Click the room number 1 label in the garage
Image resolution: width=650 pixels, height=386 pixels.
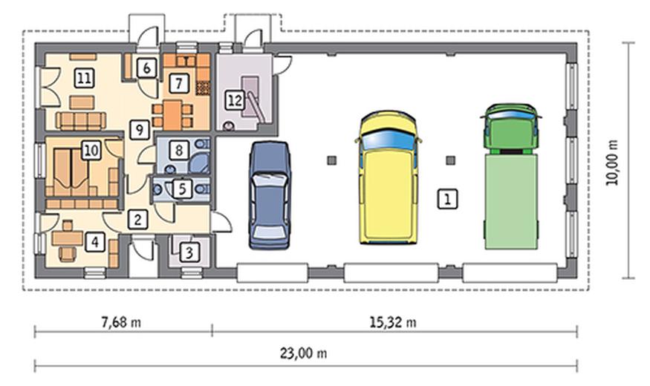click(x=448, y=199)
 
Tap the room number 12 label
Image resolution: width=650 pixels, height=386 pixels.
click(x=235, y=101)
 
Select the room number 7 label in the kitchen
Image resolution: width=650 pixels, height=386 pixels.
click(x=179, y=84)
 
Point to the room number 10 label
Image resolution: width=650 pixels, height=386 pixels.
click(x=91, y=150)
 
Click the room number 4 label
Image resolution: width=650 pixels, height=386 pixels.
click(x=95, y=242)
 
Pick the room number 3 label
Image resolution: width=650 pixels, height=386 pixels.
click(x=189, y=252)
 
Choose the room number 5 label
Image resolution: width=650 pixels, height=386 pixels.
click(x=183, y=189)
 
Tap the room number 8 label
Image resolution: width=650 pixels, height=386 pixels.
click(x=179, y=150)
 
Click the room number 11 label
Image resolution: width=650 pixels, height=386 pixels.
click(x=84, y=78)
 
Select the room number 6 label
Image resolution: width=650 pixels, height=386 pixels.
click(x=146, y=68)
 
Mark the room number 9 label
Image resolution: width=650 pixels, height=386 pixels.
click(x=140, y=130)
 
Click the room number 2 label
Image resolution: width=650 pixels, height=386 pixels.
click(x=137, y=220)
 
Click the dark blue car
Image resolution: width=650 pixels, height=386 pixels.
click(x=270, y=195)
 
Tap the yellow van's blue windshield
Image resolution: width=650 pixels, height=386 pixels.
click(x=388, y=140)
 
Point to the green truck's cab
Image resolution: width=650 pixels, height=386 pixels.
click(x=511, y=129)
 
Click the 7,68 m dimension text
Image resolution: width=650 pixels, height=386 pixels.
click(x=121, y=322)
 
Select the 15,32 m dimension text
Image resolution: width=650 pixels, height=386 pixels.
click(x=393, y=322)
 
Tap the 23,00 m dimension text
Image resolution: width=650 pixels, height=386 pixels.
click(x=303, y=353)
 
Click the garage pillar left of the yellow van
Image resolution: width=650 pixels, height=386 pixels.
click(x=331, y=160)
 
